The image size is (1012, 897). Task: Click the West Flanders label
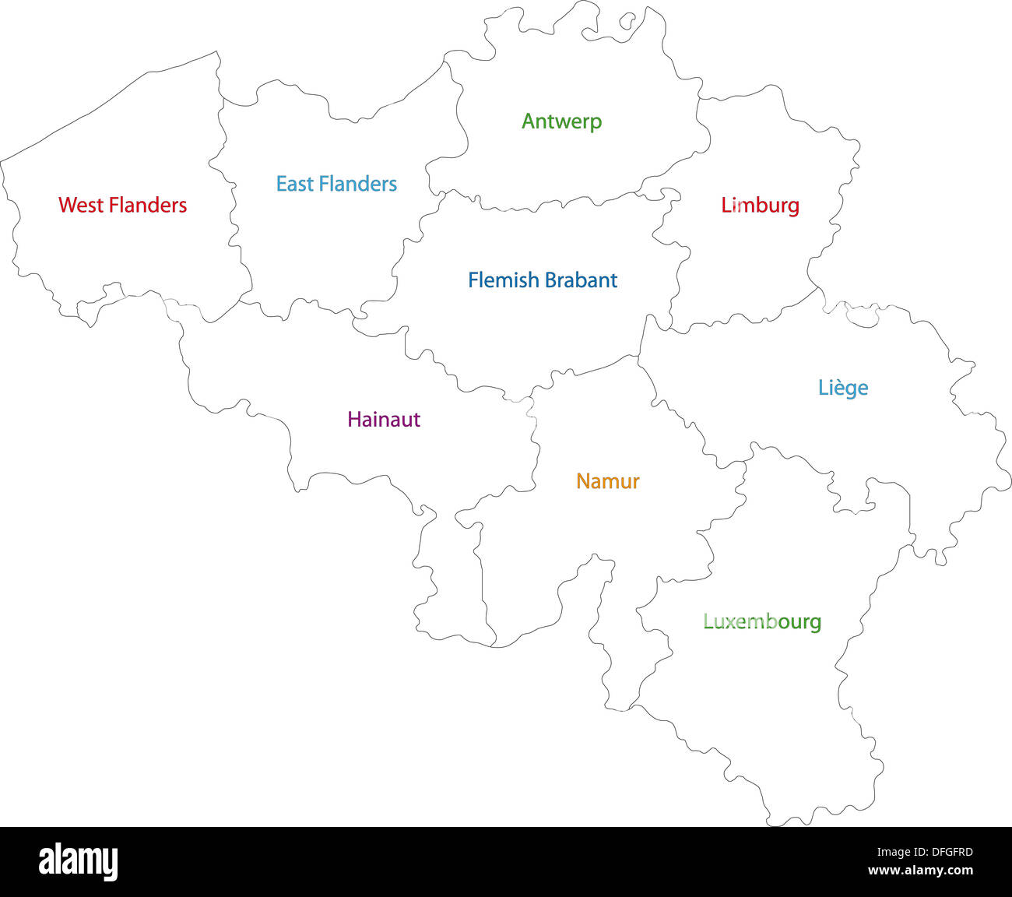point(123,205)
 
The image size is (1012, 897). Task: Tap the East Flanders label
point(336,184)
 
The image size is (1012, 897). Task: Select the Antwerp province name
point(561,121)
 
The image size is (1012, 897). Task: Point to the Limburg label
point(760,205)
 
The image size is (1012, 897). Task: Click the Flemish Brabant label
point(543,280)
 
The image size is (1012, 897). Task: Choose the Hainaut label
point(384,419)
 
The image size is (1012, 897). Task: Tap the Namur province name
point(607,481)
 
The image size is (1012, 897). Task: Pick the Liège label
point(842,388)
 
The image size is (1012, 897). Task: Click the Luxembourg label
point(762,621)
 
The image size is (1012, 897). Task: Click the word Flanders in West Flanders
point(148,205)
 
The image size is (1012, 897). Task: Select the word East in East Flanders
point(294,184)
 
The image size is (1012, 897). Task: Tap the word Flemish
point(503,280)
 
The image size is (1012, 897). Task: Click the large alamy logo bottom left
point(79,862)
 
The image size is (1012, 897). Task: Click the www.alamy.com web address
point(920,871)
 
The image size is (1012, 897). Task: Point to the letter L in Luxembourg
point(708,621)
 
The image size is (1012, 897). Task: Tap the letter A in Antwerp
point(529,121)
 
